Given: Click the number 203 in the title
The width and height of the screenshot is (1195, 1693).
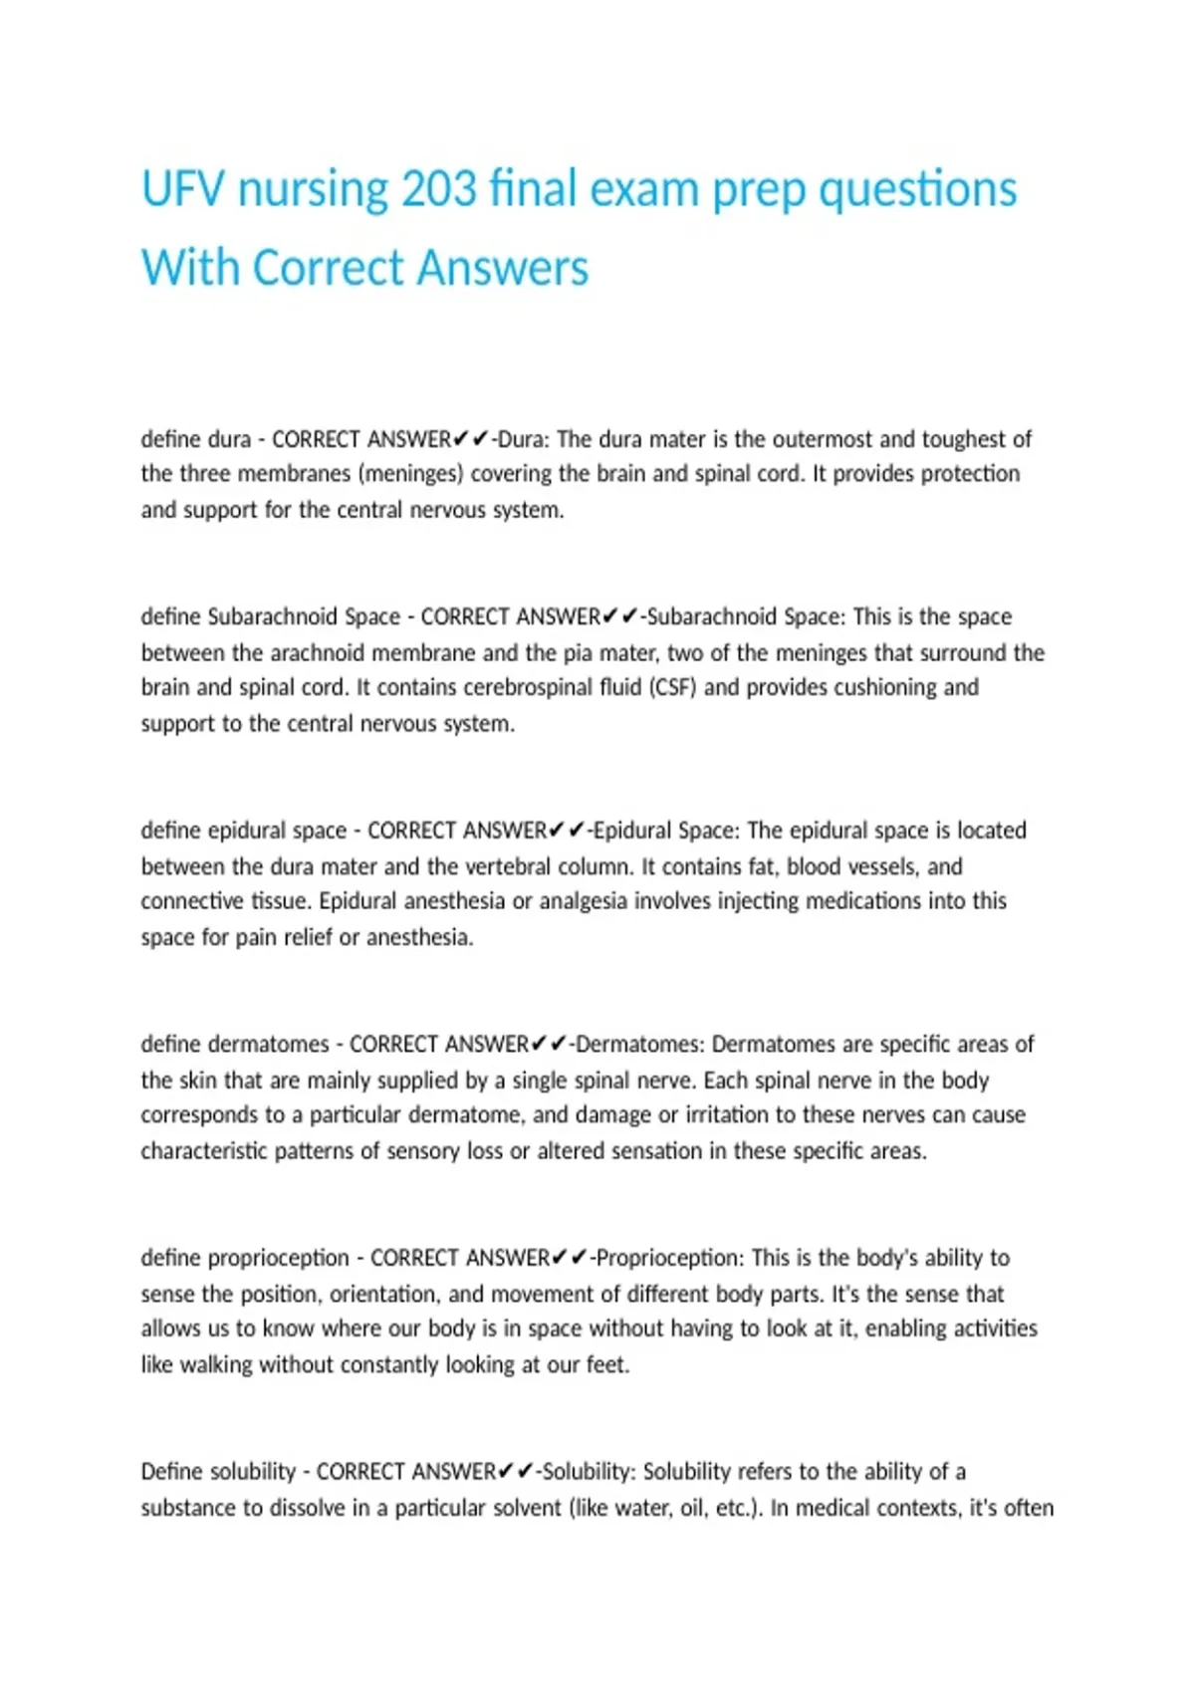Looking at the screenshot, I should tap(438, 189).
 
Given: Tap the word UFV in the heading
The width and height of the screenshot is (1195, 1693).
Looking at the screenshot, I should tap(180, 189).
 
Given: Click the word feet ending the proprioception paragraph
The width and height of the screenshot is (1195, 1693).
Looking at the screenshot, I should tap(606, 1365).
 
